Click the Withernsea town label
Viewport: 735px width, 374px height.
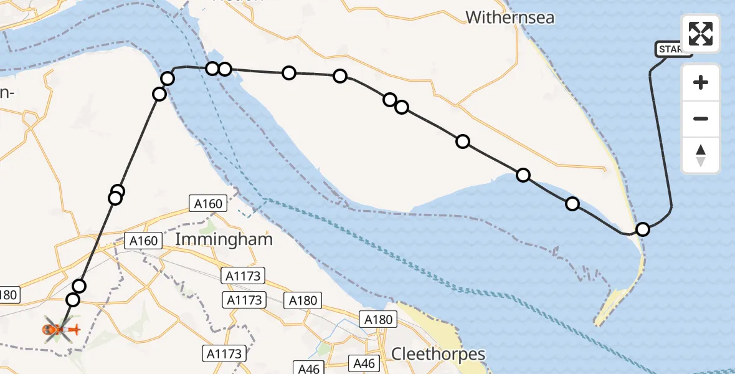[510, 17]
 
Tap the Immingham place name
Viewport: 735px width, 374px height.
[224, 239]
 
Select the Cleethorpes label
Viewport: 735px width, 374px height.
[438, 354]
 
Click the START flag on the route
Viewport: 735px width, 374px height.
[673, 49]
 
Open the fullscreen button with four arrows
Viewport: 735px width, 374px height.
[701, 34]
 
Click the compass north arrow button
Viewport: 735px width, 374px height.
[701, 155]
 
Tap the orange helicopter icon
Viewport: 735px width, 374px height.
[60, 328]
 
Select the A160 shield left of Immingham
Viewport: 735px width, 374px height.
[143, 241]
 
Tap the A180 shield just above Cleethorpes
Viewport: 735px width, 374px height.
[379, 320]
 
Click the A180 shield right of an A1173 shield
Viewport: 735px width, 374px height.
[303, 300]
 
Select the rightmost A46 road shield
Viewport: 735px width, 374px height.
[366, 363]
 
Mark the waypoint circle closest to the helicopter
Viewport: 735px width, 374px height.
[73, 300]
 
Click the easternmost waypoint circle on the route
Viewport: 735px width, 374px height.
[643, 229]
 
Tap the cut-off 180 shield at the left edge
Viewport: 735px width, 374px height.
[9, 294]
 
